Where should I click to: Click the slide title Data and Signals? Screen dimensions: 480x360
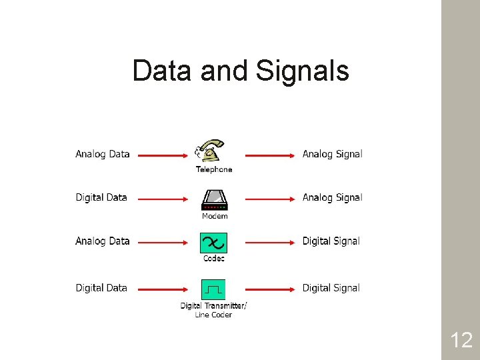[x=240, y=71]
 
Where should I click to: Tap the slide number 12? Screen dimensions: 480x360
[x=461, y=341]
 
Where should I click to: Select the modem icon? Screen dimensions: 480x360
[x=214, y=199]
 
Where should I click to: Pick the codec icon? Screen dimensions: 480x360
[x=214, y=243]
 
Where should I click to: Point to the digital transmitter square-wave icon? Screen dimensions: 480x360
[x=213, y=289]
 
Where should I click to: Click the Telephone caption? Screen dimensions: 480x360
[x=214, y=169]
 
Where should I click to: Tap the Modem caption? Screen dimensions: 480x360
[x=215, y=216]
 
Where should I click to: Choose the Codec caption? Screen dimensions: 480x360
[x=214, y=259]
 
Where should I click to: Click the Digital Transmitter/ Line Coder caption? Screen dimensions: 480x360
[x=213, y=310]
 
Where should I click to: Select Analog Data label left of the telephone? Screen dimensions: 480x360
[x=103, y=154]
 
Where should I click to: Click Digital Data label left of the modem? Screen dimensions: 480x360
[x=101, y=197]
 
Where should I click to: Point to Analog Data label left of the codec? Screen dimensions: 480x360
[x=103, y=241]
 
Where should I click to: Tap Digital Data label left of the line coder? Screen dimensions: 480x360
[x=101, y=288]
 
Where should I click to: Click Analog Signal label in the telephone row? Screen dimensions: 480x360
[x=332, y=154]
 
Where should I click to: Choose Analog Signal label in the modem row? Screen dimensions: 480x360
[x=332, y=197]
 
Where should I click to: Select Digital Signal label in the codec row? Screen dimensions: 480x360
[x=331, y=241]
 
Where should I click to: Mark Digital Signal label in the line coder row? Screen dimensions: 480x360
[x=331, y=288]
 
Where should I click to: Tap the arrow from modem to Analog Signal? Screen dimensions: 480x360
[x=270, y=199]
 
